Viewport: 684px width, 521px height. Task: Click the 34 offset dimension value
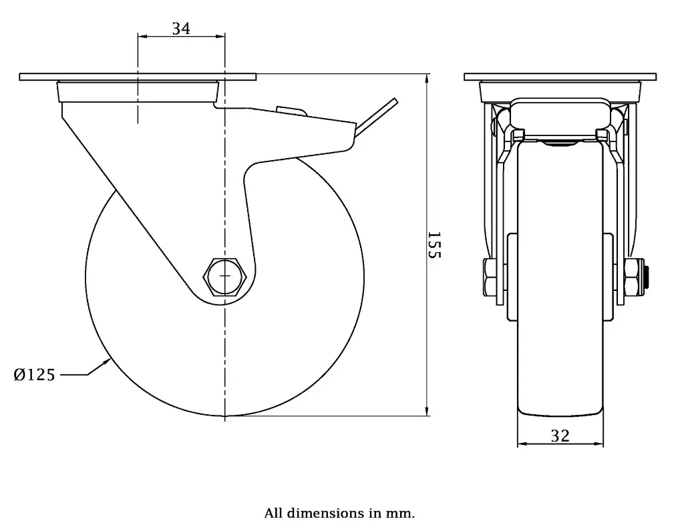point(181,29)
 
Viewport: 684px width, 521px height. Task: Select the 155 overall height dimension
point(434,245)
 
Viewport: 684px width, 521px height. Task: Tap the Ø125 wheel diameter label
point(34,375)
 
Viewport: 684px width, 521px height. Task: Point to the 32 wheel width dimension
point(560,436)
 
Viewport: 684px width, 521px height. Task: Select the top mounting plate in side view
point(138,77)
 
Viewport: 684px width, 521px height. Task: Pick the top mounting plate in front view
point(560,77)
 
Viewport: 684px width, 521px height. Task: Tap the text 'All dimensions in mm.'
point(339,513)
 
